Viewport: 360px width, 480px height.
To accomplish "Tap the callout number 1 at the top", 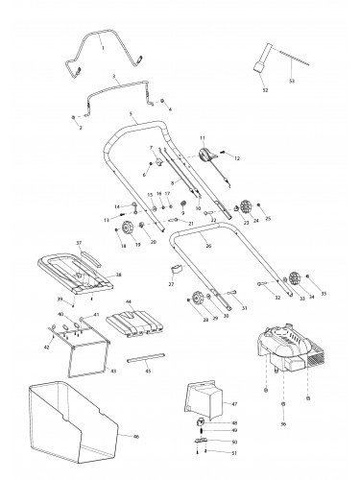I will [x=102, y=45].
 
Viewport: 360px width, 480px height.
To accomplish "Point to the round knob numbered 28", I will [x=200, y=298].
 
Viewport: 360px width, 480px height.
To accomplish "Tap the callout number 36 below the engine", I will [x=280, y=423].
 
